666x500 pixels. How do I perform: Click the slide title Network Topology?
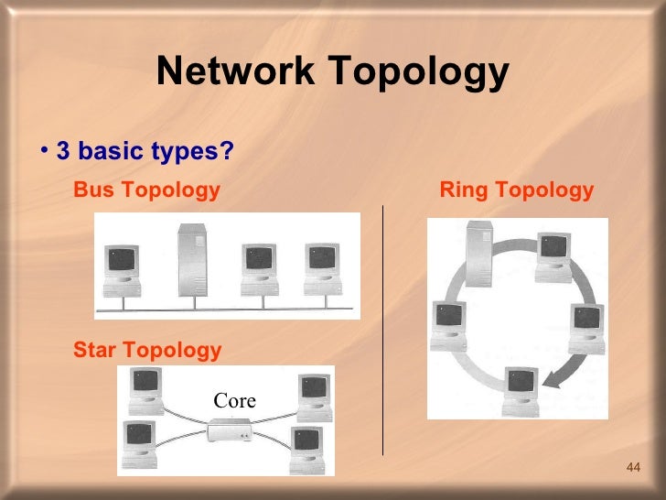click(332, 72)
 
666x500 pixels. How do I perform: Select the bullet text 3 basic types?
click(145, 151)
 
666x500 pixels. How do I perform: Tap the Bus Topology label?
click(146, 190)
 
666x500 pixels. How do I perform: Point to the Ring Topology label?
click(517, 190)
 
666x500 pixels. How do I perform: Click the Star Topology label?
click(147, 350)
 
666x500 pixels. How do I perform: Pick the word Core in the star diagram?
click(234, 401)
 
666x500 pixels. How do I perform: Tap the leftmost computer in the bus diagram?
click(122, 269)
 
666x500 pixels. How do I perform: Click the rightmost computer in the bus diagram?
click(321, 268)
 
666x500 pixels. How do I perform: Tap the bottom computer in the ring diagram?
click(520, 389)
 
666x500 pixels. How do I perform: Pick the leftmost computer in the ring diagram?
click(449, 325)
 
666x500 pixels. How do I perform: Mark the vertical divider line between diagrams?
click(382, 330)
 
